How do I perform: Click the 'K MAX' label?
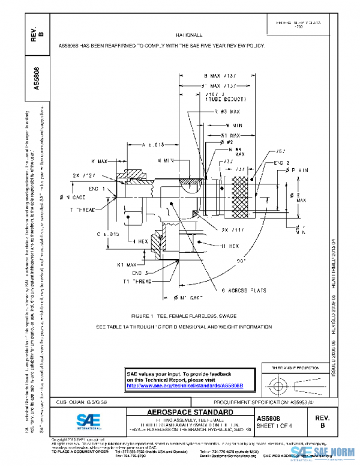100,161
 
